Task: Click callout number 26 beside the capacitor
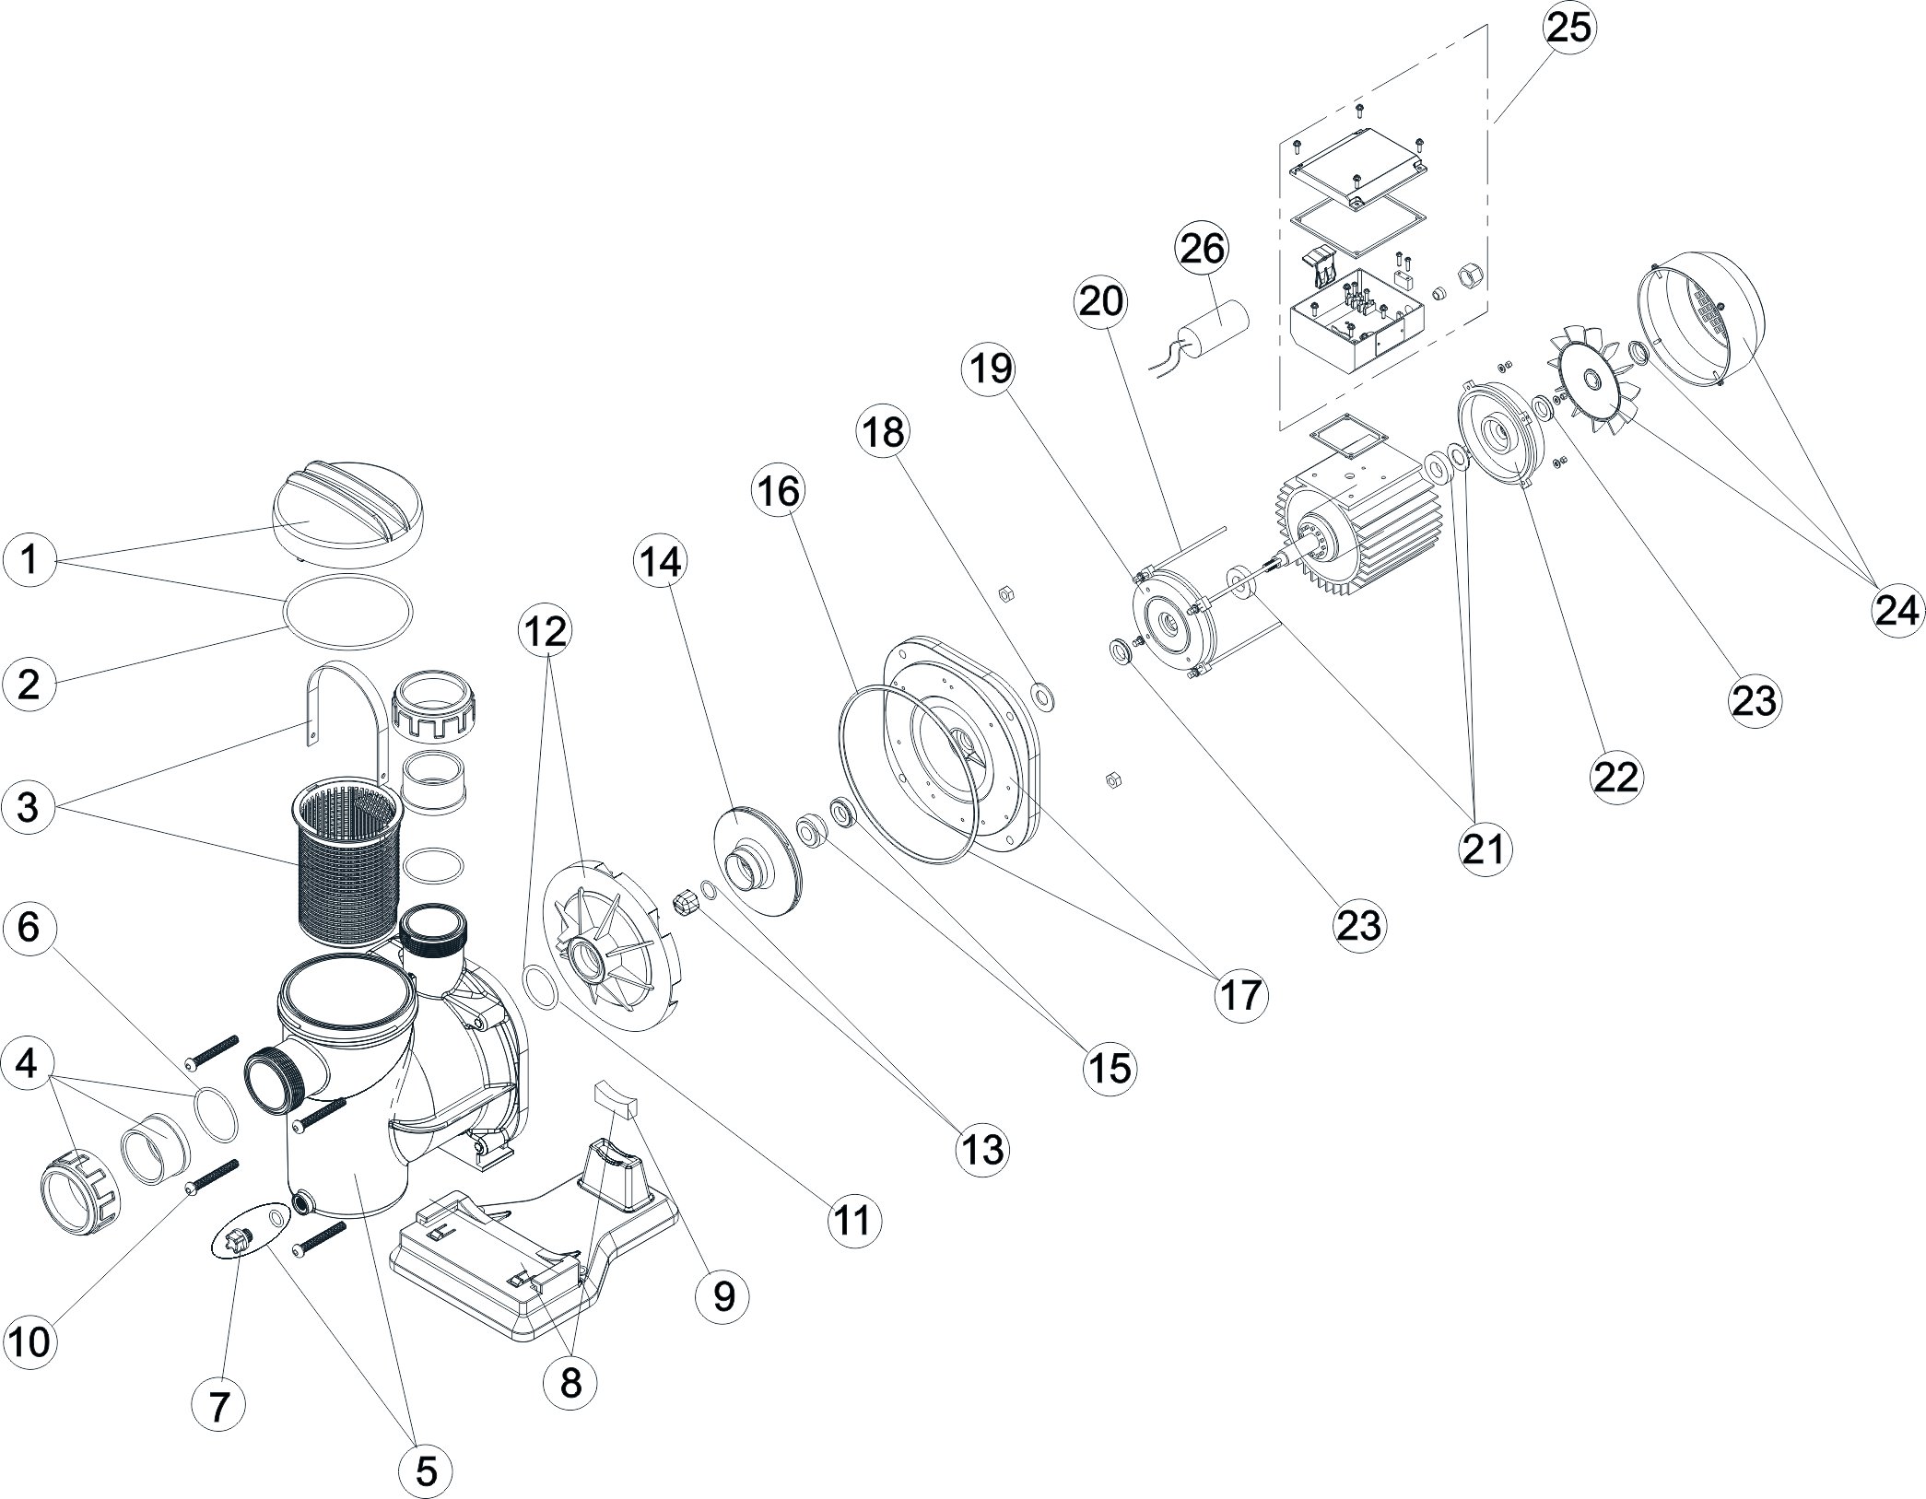coord(1202,250)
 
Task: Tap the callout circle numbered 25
coord(1568,28)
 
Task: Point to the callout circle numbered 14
coord(661,561)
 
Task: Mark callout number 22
coord(1616,777)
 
